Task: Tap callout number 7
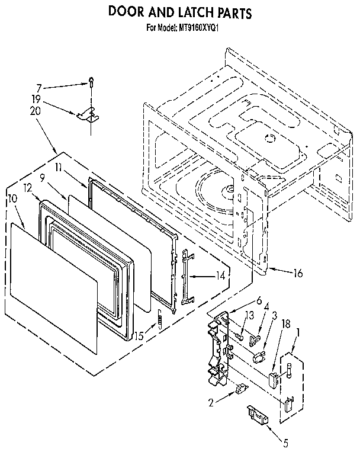pyautogui.click(x=39, y=86)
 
